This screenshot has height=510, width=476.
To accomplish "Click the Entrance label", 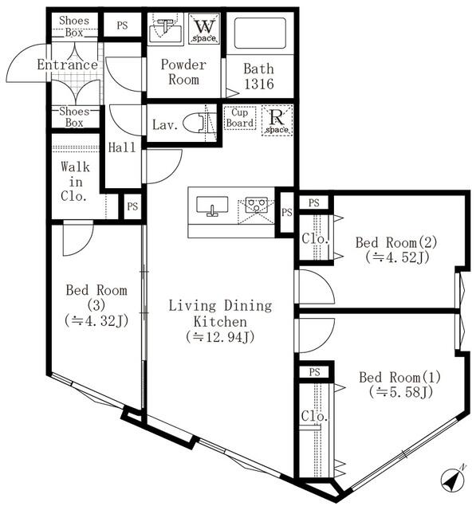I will coord(67,65).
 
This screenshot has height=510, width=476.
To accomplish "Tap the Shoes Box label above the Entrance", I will coord(73,25).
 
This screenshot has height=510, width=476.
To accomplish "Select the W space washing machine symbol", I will coord(203,29).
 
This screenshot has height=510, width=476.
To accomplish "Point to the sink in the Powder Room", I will coord(166,29).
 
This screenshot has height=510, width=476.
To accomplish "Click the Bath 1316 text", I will coord(258,75).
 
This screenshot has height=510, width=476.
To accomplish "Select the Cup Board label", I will coord(239,118).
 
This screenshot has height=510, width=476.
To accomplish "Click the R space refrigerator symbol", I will coord(277,120).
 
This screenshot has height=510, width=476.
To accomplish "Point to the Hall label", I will coord(122,147).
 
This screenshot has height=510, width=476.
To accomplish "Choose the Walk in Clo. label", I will coord(75,181).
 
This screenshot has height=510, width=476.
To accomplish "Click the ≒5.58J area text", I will coord(399,391).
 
